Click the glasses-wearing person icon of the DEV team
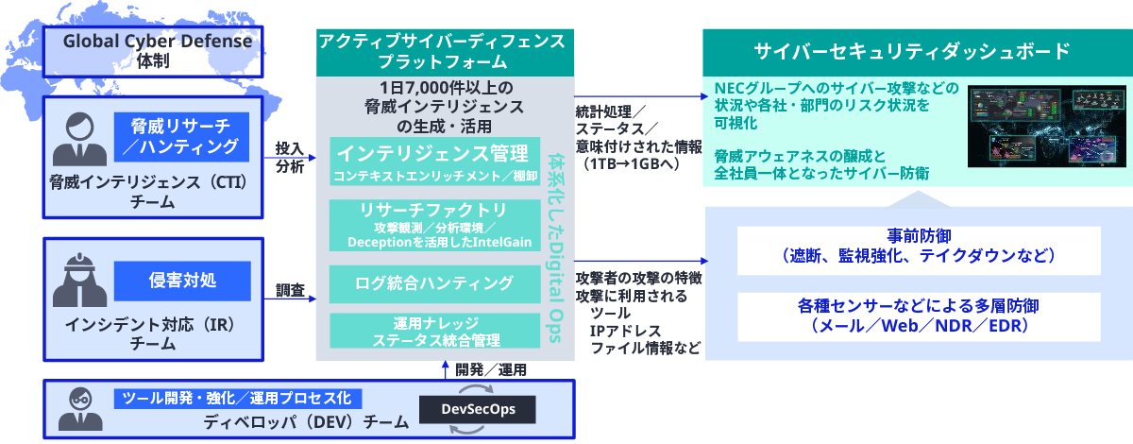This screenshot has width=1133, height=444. click(x=75, y=407)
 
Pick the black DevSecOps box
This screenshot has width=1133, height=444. click(x=476, y=408)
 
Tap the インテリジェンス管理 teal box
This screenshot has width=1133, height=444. click(x=432, y=162)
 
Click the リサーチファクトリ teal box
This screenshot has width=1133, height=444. click(x=432, y=225)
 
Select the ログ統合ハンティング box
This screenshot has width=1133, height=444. click(x=434, y=282)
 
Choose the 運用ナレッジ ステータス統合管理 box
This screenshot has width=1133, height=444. click(x=434, y=330)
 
